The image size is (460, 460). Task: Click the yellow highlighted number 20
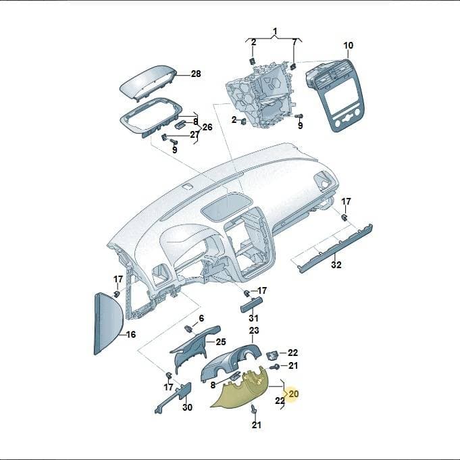click(x=293, y=393)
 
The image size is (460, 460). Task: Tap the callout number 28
click(x=196, y=74)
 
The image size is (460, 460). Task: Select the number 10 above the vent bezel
click(x=349, y=45)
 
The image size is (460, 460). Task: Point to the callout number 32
click(x=336, y=265)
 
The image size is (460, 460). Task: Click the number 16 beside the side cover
click(x=131, y=334)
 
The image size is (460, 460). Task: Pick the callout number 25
click(x=221, y=342)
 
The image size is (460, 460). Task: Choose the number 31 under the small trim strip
click(x=254, y=318)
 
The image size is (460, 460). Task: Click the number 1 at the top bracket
click(x=275, y=31)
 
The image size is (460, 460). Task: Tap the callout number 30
click(x=187, y=407)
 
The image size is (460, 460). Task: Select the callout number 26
click(x=207, y=127)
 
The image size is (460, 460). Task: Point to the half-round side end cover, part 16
click(x=107, y=324)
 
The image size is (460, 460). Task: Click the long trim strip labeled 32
click(x=335, y=249)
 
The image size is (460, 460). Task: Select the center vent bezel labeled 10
click(x=335, y=95)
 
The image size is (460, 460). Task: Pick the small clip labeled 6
click(x=188, y=329)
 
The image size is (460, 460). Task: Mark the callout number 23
click(x=254, y=330)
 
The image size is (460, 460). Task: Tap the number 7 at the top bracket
click(x=295, y=43)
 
